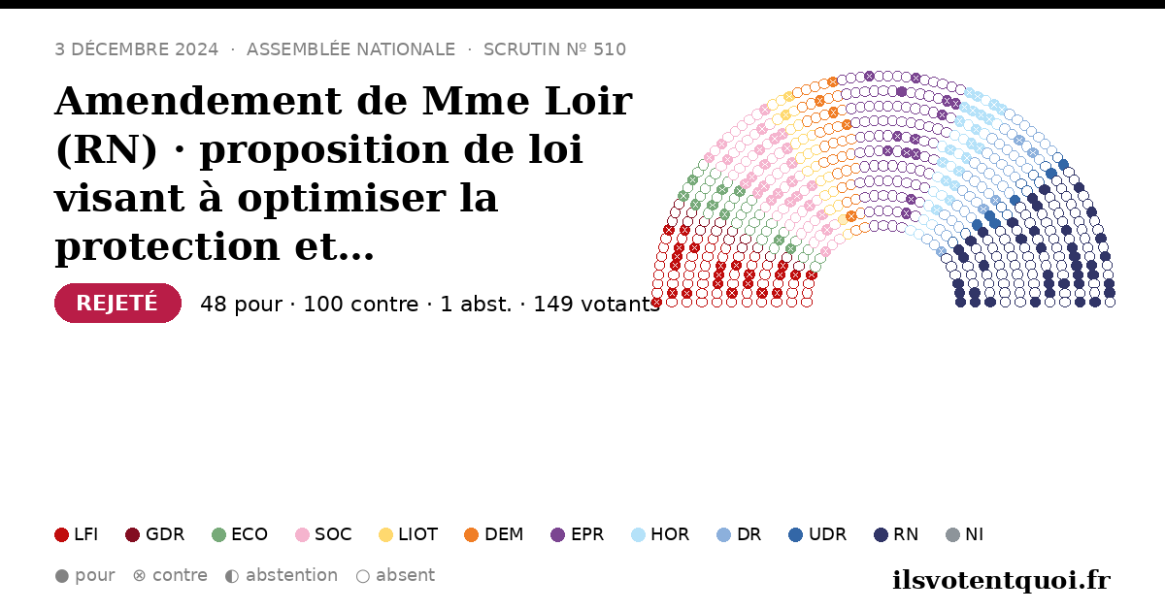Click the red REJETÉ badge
[117, 303]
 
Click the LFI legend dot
[61, 534]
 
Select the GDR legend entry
[155, 534]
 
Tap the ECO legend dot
[219, 534]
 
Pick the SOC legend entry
[323, 534]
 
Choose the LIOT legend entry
[409, 534]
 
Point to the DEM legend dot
[471, 534]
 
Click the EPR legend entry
[578, 534]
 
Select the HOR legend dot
[638, 534]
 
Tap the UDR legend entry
[817, 534]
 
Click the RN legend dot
[881, 534]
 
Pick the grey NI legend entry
[965, 534]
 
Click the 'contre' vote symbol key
[139, 576]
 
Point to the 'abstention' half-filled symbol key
[232, 576]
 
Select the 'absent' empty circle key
[363, 576]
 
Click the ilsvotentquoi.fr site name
[1002, 580]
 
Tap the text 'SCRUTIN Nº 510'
[555, 49]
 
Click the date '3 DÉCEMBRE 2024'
[136, 49]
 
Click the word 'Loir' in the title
[588, 101]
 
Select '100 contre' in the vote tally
[361, 304]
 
